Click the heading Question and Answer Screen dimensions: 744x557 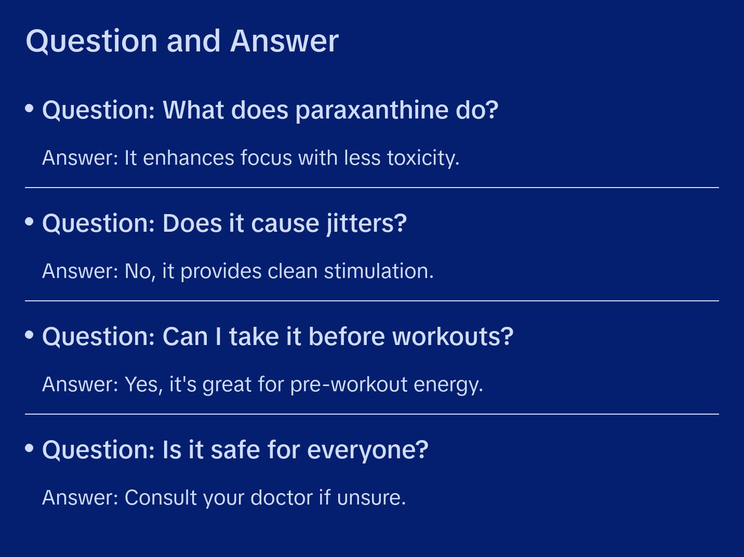[182, 41]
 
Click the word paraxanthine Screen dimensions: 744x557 [372, 111]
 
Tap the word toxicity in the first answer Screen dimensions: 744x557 [423, 158]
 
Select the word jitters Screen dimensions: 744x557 [366, 224]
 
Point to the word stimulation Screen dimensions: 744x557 [379, 271]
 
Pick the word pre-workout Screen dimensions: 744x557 [349, 385]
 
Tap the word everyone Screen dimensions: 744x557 [368, 450]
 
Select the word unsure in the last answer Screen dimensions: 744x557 [371, 498]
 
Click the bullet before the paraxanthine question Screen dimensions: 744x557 [30, 109]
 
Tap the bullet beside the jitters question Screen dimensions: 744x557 [30, 222]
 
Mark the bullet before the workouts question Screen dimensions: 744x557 [30, 335]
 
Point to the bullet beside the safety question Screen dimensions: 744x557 [30, 448]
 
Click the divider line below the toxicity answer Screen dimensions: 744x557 [372, 188]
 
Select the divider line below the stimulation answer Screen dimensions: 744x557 [372, 300]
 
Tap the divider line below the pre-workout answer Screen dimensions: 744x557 [372, 414]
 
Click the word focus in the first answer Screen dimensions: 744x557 [266, 158]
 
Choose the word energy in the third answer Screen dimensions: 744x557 [448, 385]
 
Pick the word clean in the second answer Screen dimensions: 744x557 [292, 271]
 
